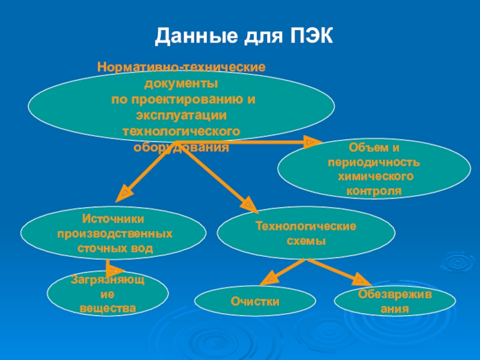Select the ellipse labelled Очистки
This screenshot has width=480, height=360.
[256, 301]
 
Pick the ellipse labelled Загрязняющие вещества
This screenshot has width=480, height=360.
[108, 294]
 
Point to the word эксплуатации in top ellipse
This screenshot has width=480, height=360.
[181, 115]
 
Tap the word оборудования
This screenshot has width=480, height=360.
[181, 147]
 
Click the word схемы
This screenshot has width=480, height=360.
[307, 241]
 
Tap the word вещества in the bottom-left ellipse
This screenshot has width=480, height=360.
[108, 309]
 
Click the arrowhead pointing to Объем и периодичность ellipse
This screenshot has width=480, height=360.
[310, 142]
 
